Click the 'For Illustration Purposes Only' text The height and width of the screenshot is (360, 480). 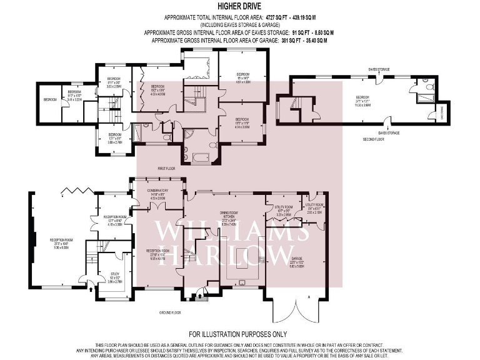(239, 334)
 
